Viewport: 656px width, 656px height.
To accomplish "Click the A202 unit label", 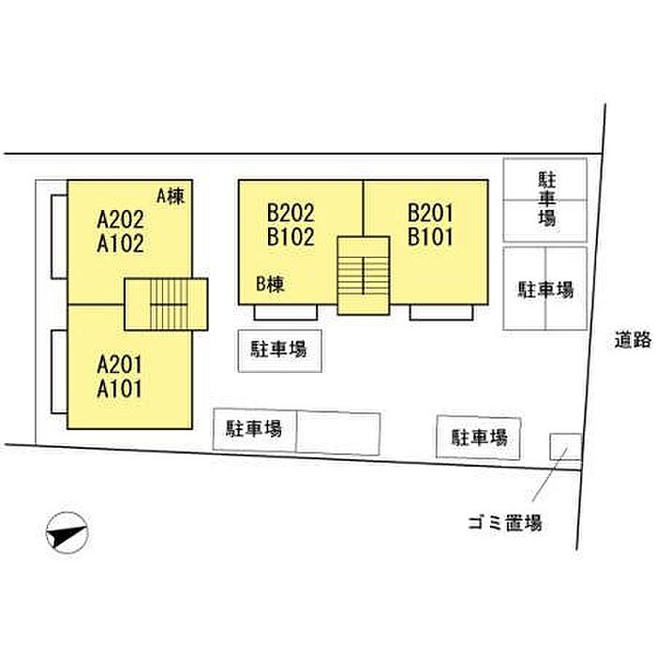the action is point(121,219).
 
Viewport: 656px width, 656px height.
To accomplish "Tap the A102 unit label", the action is point(121,244).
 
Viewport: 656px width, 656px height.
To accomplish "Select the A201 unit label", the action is point(120,365).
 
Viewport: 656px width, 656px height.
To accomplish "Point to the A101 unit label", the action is point(120,389).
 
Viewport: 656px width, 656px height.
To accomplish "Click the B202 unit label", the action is point(291,213).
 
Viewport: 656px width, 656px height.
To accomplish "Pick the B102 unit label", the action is point(291,237).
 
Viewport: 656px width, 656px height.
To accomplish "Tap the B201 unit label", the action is point(430,213).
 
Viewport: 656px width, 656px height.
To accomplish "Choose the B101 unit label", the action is point(430,237).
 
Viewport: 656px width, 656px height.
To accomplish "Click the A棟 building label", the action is point(171,196).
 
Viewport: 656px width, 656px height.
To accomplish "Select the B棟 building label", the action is point(270,285).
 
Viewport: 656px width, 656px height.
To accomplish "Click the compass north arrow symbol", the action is point(67,532).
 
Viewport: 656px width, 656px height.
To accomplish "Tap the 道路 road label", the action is point(633,339).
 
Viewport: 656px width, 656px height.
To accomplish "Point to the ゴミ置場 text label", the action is point(505,523).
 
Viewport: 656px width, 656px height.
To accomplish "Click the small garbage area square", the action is point(566,447).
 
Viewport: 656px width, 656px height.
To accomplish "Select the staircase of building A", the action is point(166,305).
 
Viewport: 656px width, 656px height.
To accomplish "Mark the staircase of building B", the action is point(364,276).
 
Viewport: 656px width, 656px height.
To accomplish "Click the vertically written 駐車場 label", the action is point(546,200).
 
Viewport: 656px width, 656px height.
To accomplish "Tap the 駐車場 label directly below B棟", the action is point(279,350).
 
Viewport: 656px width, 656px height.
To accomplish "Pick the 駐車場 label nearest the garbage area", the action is point(480,438).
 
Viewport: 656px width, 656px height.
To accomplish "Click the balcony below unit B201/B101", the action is point(441,312).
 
